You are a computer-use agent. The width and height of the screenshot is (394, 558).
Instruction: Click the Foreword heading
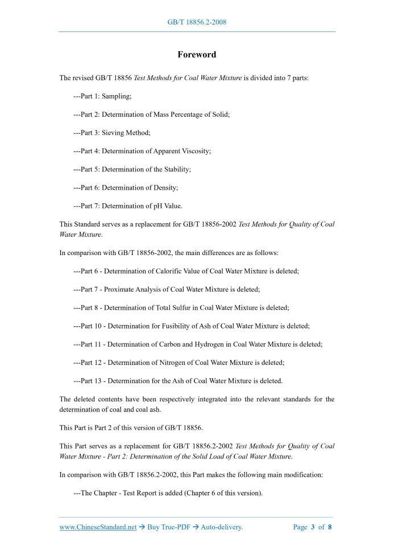[x=197, y=55]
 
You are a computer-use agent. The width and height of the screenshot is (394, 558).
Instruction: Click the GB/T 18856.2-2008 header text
[x=197, y=22]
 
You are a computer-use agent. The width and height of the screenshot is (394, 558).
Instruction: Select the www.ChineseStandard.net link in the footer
[x=98, y=527]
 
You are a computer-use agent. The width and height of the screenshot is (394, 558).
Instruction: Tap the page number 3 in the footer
[x=313, y=527]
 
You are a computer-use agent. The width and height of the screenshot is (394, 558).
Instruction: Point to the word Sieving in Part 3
[x=112, y=133]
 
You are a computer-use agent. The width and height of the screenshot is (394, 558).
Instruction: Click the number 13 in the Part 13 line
[x=98, y=380]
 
